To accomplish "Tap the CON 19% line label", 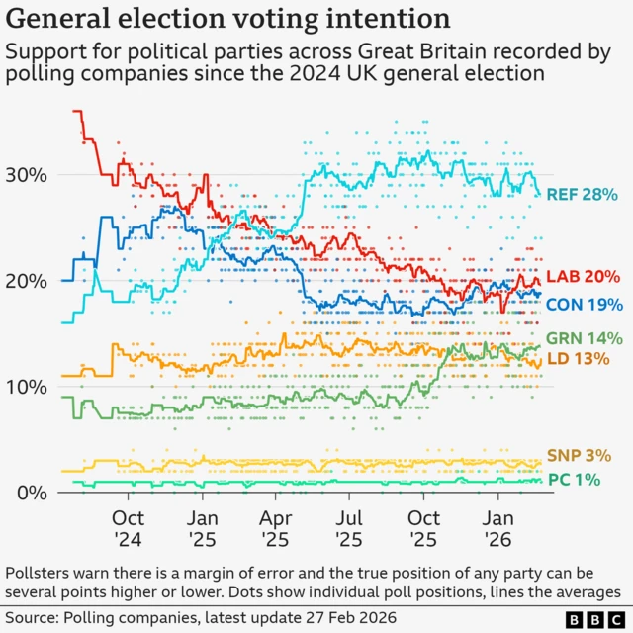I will [585, 304].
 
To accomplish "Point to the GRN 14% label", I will [584, 338].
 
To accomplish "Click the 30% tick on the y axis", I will [28, 175].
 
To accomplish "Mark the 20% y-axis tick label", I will [28, 281].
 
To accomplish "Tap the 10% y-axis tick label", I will [28, 387].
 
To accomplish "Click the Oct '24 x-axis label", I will [128, 527].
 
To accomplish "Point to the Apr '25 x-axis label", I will [276, 527].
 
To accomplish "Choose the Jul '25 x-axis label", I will [349, 527].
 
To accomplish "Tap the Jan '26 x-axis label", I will [497, 527].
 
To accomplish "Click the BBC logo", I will [592, 620].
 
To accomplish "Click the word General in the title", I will [65, 19].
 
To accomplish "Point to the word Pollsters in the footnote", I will [45, 573].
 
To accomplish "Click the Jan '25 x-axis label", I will [202, 527].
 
